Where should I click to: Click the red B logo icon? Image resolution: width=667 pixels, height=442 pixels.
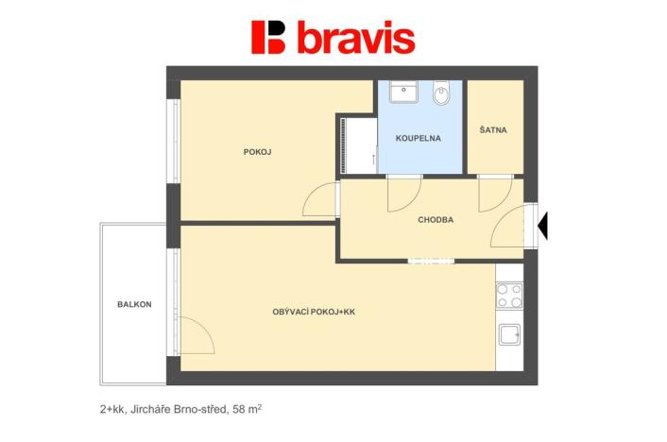[x=268, y=37]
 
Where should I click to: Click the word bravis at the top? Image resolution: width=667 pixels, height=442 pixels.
[x=356, y=38]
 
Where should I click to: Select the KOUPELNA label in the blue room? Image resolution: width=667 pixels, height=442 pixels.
[x=419, y=138]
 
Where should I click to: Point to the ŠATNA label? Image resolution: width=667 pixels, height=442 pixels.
[x=493, y=130]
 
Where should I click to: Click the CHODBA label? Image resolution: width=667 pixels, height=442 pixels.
[x=436, y=220]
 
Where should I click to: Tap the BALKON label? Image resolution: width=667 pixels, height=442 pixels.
[x=134, y=304]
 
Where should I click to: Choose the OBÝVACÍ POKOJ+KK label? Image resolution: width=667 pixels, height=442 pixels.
[x=313, y=311]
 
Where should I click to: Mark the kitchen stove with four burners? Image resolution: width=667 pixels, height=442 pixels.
[x=509, y=296]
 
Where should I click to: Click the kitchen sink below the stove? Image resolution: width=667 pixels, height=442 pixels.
[x=509, y=335]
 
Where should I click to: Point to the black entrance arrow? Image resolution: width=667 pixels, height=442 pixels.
[x=543, y=225]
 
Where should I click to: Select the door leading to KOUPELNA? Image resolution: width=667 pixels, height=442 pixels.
[x=403, y=194]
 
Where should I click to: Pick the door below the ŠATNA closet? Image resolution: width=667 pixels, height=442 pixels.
[x=494, y=194]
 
